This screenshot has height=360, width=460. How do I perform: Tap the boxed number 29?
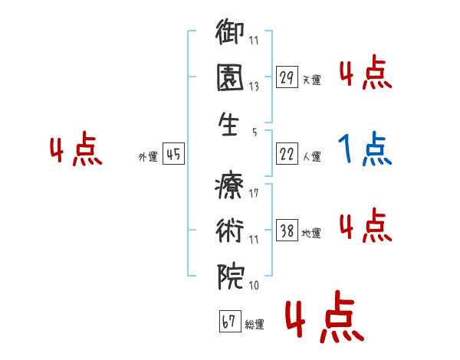point(287,77)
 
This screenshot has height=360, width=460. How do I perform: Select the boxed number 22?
point(287,154)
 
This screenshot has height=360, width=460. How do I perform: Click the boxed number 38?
point(287,231)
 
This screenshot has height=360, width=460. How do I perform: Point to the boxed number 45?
point(173,154)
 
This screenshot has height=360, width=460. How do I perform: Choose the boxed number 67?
point(228,322)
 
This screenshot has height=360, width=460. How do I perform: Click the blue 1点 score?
point(366,149)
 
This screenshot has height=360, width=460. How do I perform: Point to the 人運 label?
point(311,156)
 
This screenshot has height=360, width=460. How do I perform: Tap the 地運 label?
point(311,233)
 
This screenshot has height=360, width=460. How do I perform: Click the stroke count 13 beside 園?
point(253,87)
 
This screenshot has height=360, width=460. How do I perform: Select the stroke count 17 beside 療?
point(253,193)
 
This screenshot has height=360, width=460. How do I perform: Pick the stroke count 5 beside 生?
point(254,132)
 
